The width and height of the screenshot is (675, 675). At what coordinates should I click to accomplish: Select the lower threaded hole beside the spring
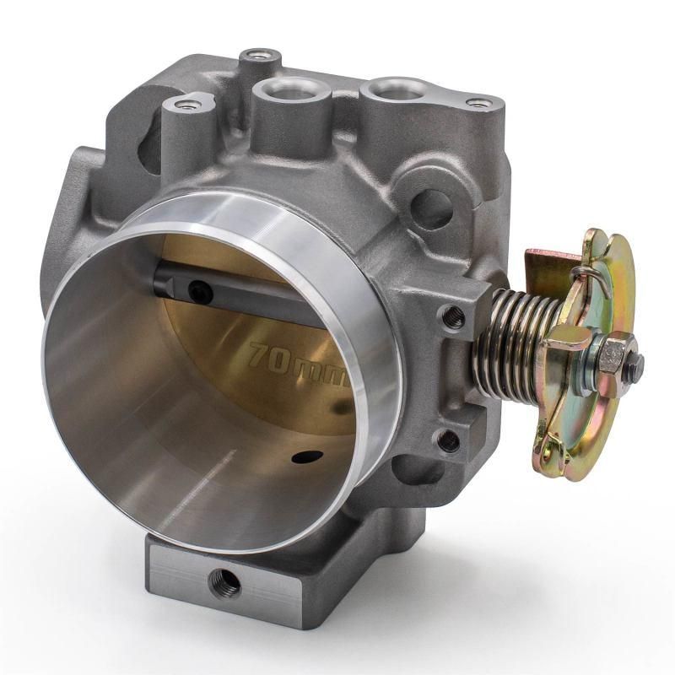(x=449, y=440)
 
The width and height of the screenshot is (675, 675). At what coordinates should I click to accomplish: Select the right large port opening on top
(x=392, y=87)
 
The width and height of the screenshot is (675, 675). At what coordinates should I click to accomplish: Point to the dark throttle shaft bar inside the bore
(x=245, y=291)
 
